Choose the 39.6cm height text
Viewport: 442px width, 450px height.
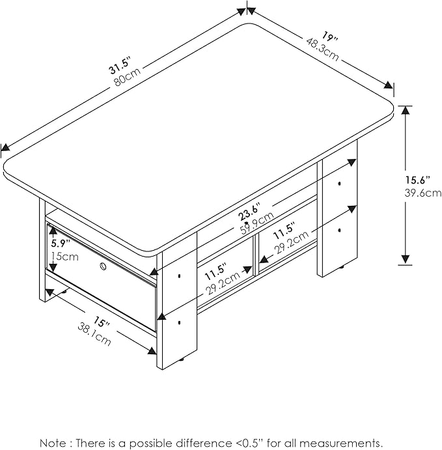418,193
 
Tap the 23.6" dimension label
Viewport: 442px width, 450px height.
249,213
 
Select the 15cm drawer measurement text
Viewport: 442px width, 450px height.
64,257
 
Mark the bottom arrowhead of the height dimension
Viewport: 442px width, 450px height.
406,260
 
